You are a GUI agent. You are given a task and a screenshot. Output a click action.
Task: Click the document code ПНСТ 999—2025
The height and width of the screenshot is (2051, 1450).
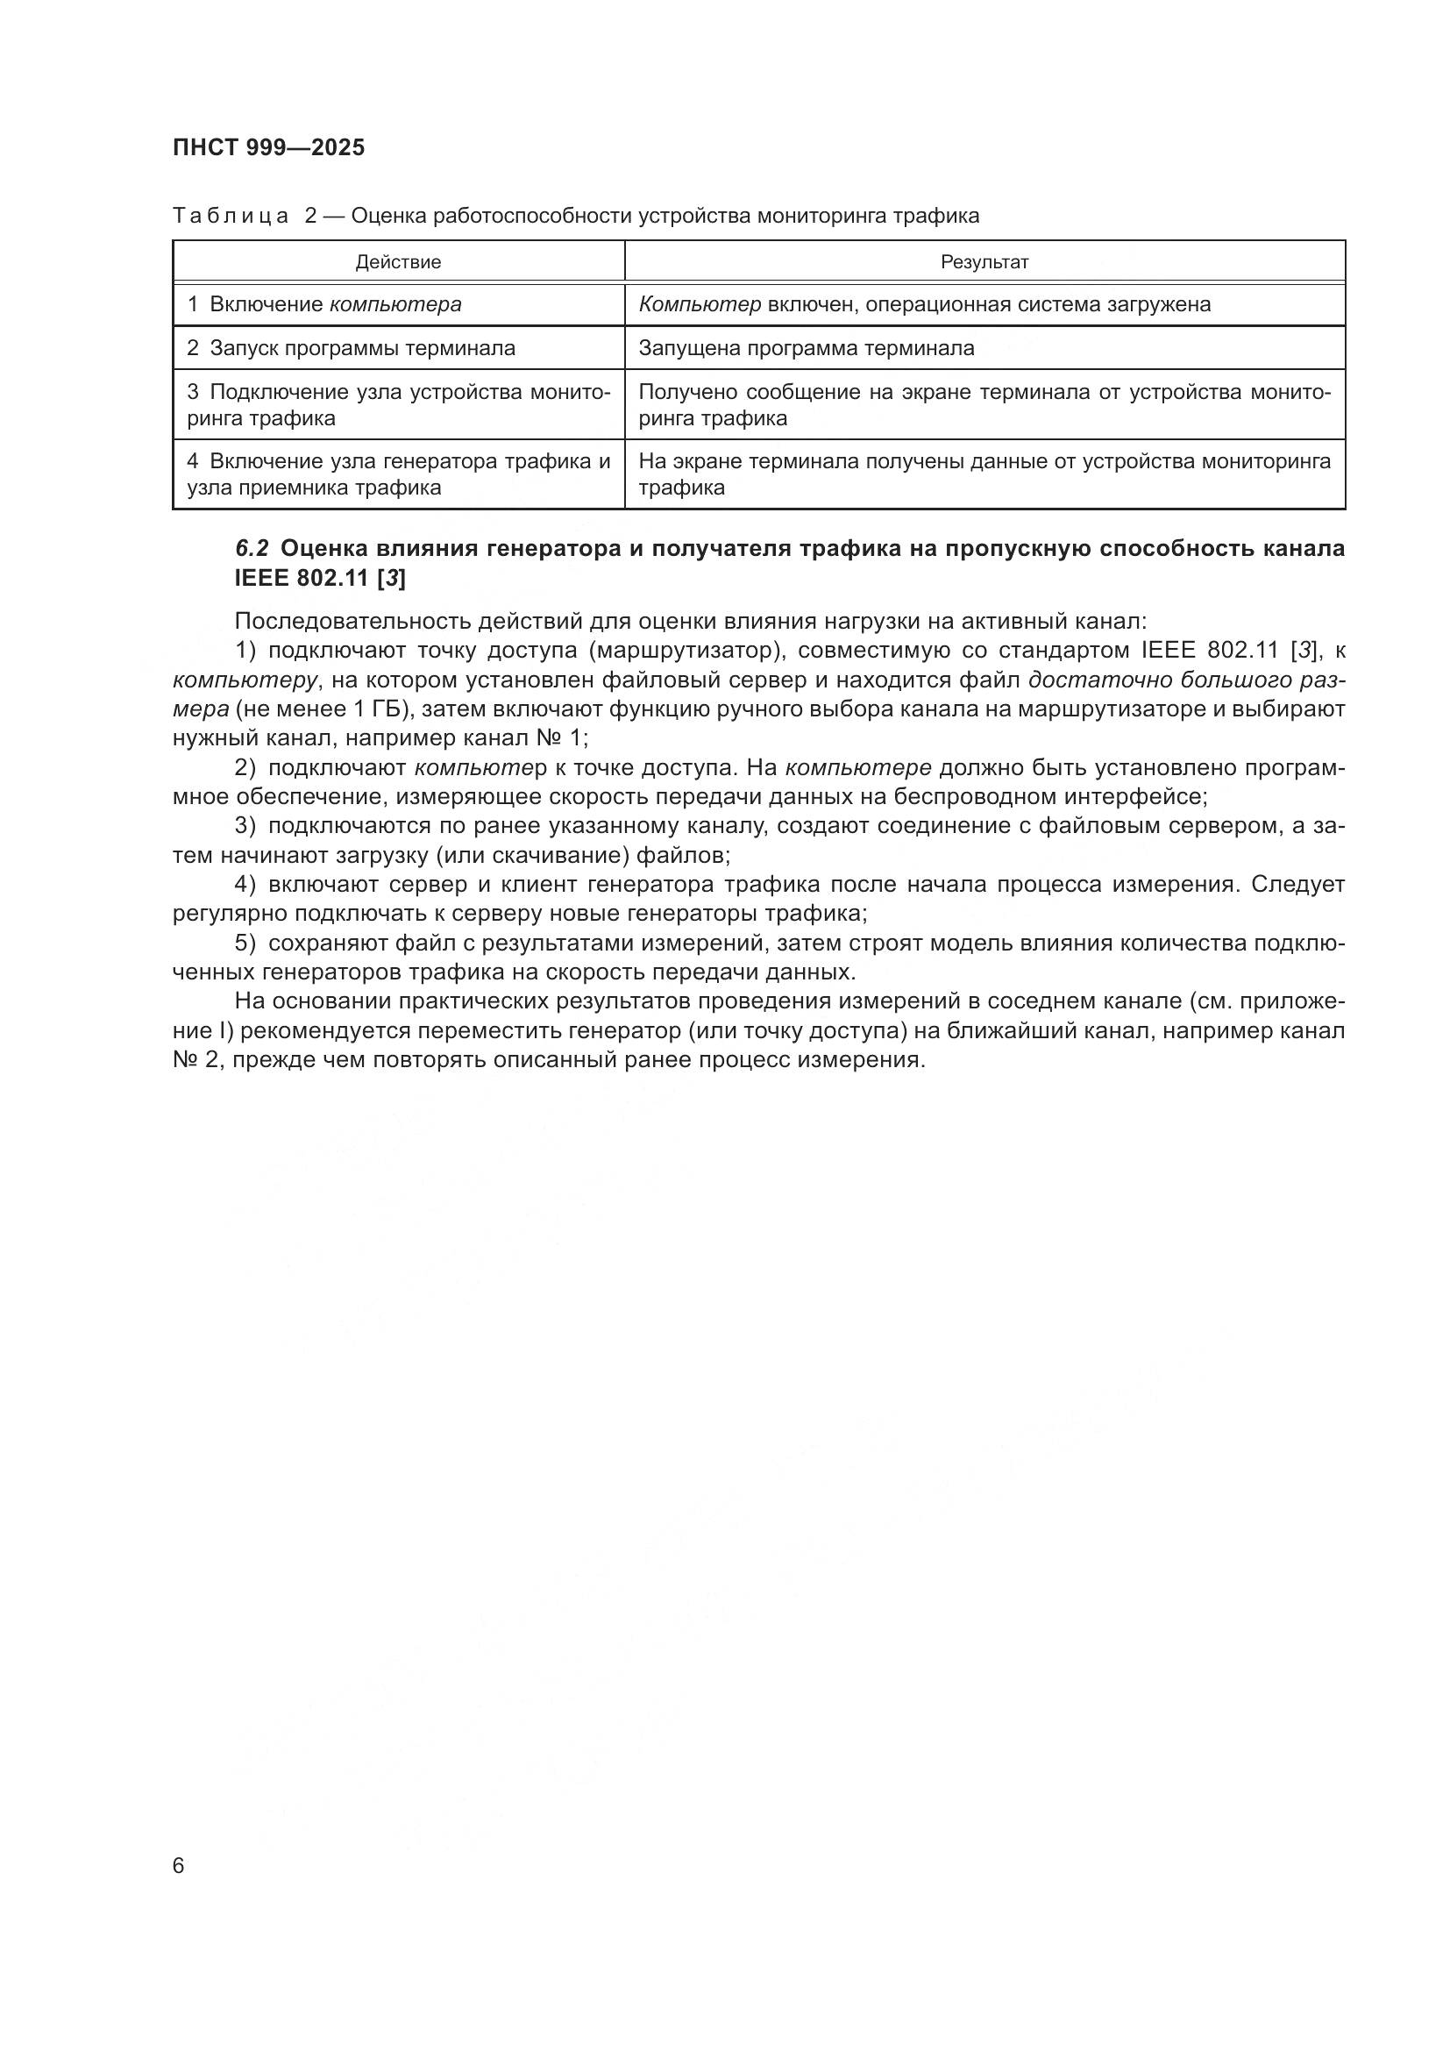click(269, 148)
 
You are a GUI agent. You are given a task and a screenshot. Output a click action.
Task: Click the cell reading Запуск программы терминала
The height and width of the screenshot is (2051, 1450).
click(352, 348)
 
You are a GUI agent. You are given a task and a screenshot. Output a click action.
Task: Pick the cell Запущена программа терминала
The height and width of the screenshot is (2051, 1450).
click(807, 348)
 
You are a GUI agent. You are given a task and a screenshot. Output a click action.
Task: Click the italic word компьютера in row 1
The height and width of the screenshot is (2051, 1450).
click(395, 304)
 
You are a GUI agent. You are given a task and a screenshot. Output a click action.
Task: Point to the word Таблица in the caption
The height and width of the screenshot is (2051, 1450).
click(231, 217)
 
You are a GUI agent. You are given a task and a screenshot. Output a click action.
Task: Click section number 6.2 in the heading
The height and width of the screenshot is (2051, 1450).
click(252, 548)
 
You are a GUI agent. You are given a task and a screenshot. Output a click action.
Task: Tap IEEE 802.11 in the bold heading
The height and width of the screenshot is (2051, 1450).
click(302, 579)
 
